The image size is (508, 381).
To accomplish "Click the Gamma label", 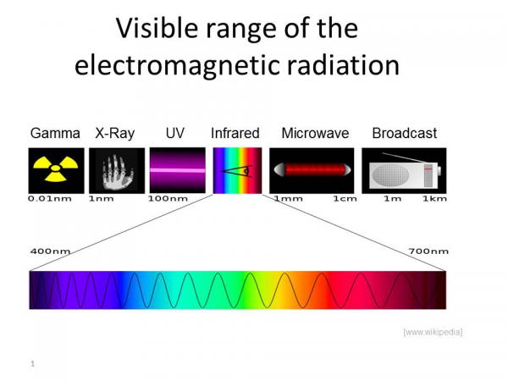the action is (x=55, y=133).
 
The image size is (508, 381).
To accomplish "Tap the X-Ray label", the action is (x=114, y=134).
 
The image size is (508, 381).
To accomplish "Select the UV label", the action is (x=175, y=133).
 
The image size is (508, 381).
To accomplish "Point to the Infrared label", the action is (x=235, y=133).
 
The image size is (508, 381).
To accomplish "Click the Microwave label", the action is (x=315, y=133).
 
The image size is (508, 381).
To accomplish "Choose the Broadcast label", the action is (x=405, y=133).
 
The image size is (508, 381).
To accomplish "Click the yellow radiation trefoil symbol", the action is (x=56, y=168).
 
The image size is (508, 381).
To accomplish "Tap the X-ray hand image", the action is (x=118, y=173).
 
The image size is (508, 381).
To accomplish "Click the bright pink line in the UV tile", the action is (x=178, y=170).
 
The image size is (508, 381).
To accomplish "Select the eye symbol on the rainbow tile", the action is (x=236, y=170).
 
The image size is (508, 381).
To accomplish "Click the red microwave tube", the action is (x=312, y=170).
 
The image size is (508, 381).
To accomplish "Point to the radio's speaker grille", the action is (x=390, y=175).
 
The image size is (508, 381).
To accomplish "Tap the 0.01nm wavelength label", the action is (x=50, y=199).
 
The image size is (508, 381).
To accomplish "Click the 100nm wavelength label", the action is (x=168, y=199).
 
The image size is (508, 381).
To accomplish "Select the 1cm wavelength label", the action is (x=345, y=199).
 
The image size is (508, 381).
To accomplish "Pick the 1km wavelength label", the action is (x=434, y=199).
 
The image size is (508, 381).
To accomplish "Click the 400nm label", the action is (x=50, y=251).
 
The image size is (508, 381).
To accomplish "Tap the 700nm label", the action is (x=428, y=251).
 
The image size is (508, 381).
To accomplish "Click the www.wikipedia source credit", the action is (x=433, y=332).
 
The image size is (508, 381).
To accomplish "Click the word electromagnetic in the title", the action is (x=177, y=66).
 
